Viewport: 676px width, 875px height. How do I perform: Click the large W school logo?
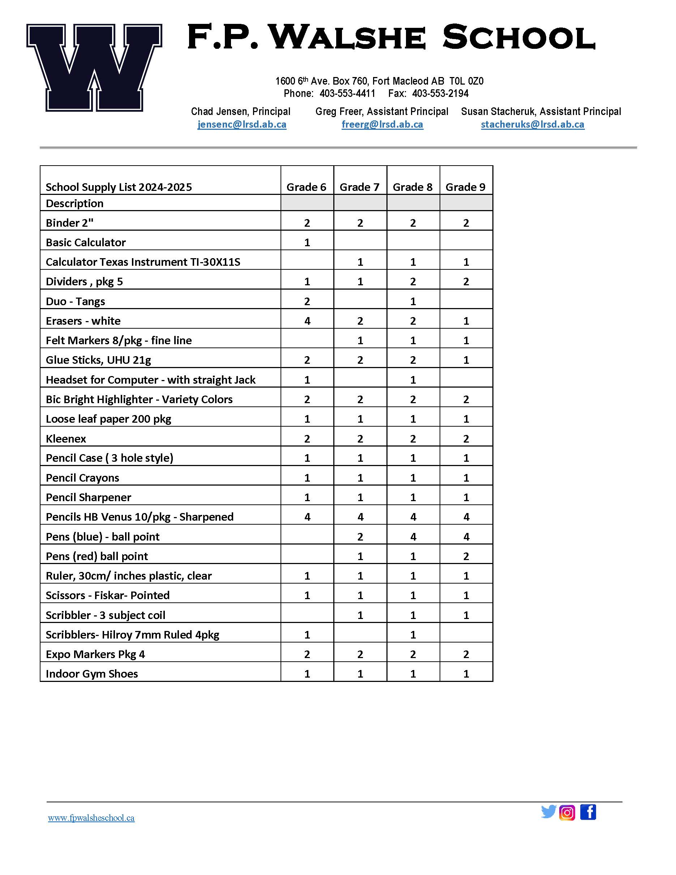94,67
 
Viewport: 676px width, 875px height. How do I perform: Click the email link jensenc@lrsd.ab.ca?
242,125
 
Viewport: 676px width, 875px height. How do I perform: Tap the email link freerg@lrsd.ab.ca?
382,125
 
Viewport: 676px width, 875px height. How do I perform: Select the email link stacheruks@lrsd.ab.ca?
532,125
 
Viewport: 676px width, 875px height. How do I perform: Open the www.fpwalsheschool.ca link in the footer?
91,818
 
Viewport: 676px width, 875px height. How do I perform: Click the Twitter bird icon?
548,812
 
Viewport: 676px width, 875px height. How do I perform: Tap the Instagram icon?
567,813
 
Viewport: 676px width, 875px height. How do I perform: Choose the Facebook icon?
588,812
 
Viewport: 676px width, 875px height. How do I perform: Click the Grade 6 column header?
306,187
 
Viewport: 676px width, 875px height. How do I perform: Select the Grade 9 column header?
465,187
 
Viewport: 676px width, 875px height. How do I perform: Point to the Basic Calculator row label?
86,242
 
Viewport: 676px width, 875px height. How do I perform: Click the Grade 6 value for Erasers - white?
307,321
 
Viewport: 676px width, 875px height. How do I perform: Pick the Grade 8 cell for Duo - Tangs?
413,301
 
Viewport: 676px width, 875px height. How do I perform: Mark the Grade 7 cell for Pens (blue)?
360,537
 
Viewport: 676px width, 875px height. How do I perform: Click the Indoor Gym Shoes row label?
92,674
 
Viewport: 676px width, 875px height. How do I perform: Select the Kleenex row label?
66,439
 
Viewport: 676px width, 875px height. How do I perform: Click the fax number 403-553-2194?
440,94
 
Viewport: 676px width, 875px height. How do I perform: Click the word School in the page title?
519,38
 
